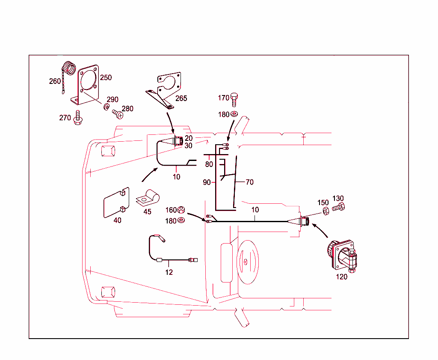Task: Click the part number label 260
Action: coord(55,81)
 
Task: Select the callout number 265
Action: coord(181,98)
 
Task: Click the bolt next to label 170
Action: coord(234,99)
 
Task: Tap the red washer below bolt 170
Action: coord(234,115)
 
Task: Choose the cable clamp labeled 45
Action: coord(148,198)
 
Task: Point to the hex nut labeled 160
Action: coord(181,210)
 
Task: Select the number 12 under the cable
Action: coord(169,272)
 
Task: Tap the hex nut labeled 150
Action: coord(326,210)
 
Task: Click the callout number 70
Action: coord(249,182)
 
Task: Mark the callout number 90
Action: coord(207,182)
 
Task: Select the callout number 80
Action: coord(209,164)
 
